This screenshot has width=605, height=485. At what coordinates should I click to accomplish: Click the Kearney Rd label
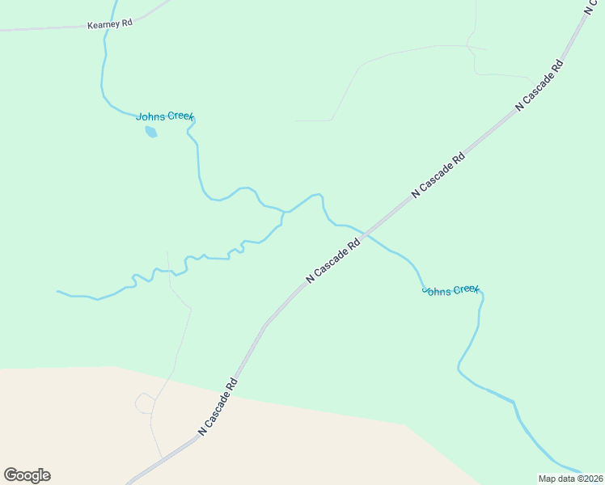(x=109, y=24)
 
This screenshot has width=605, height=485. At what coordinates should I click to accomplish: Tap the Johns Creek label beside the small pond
(x=164, y=116)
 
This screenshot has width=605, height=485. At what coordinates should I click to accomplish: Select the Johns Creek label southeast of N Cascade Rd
(x=451, y=290)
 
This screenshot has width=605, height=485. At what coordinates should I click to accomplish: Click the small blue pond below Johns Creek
(x=150, y=131)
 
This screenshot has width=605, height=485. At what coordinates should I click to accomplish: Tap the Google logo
(x=27, y=475)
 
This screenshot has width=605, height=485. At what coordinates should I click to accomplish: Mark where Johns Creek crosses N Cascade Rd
(x=365, y=235)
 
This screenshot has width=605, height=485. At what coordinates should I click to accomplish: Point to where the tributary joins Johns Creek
(x=284, y=213)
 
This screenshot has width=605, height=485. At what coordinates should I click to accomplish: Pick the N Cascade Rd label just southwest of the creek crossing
(x=332, y=260)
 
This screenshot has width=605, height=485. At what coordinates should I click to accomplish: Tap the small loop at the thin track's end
(x=144, y=402)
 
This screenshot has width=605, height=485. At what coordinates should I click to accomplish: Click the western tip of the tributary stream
(x=57, y=291)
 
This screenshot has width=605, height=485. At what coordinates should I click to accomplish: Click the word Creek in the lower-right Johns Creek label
(x=465, y=289)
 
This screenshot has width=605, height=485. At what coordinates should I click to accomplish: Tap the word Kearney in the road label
(x=103, y=25)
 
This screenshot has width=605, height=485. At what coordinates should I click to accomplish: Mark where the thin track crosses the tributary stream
(x=169, y=271)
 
